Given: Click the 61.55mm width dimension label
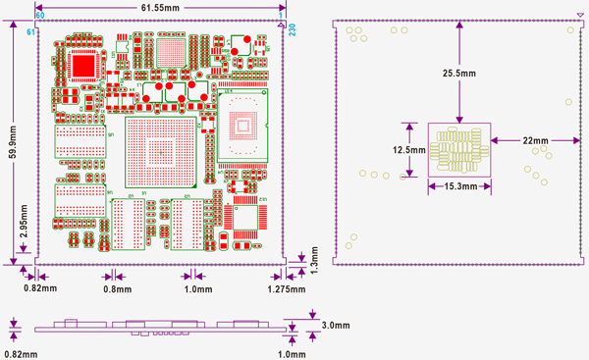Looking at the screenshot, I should (x=159, y=8).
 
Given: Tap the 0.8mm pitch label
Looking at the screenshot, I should (x=117, y=290).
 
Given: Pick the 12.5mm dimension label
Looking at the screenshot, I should (x=406, y=150).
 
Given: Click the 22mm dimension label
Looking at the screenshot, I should (x=535, y=140).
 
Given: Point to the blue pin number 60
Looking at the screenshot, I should (x=40, y=17).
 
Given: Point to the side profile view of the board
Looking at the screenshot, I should (x=157, y=328).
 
